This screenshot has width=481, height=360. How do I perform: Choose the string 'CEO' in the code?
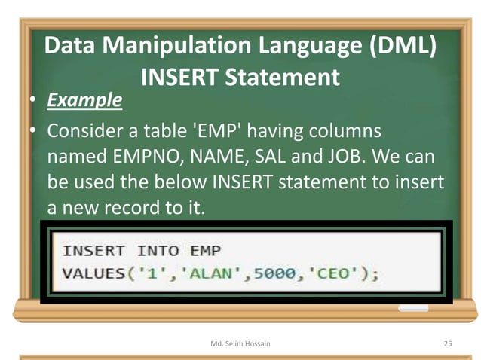(x=332, y=273)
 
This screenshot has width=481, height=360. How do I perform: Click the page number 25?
(x=447, y=343)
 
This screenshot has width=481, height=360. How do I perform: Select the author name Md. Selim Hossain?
(x=240, y=343)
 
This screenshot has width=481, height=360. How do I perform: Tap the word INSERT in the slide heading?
(x=178, y=77)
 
